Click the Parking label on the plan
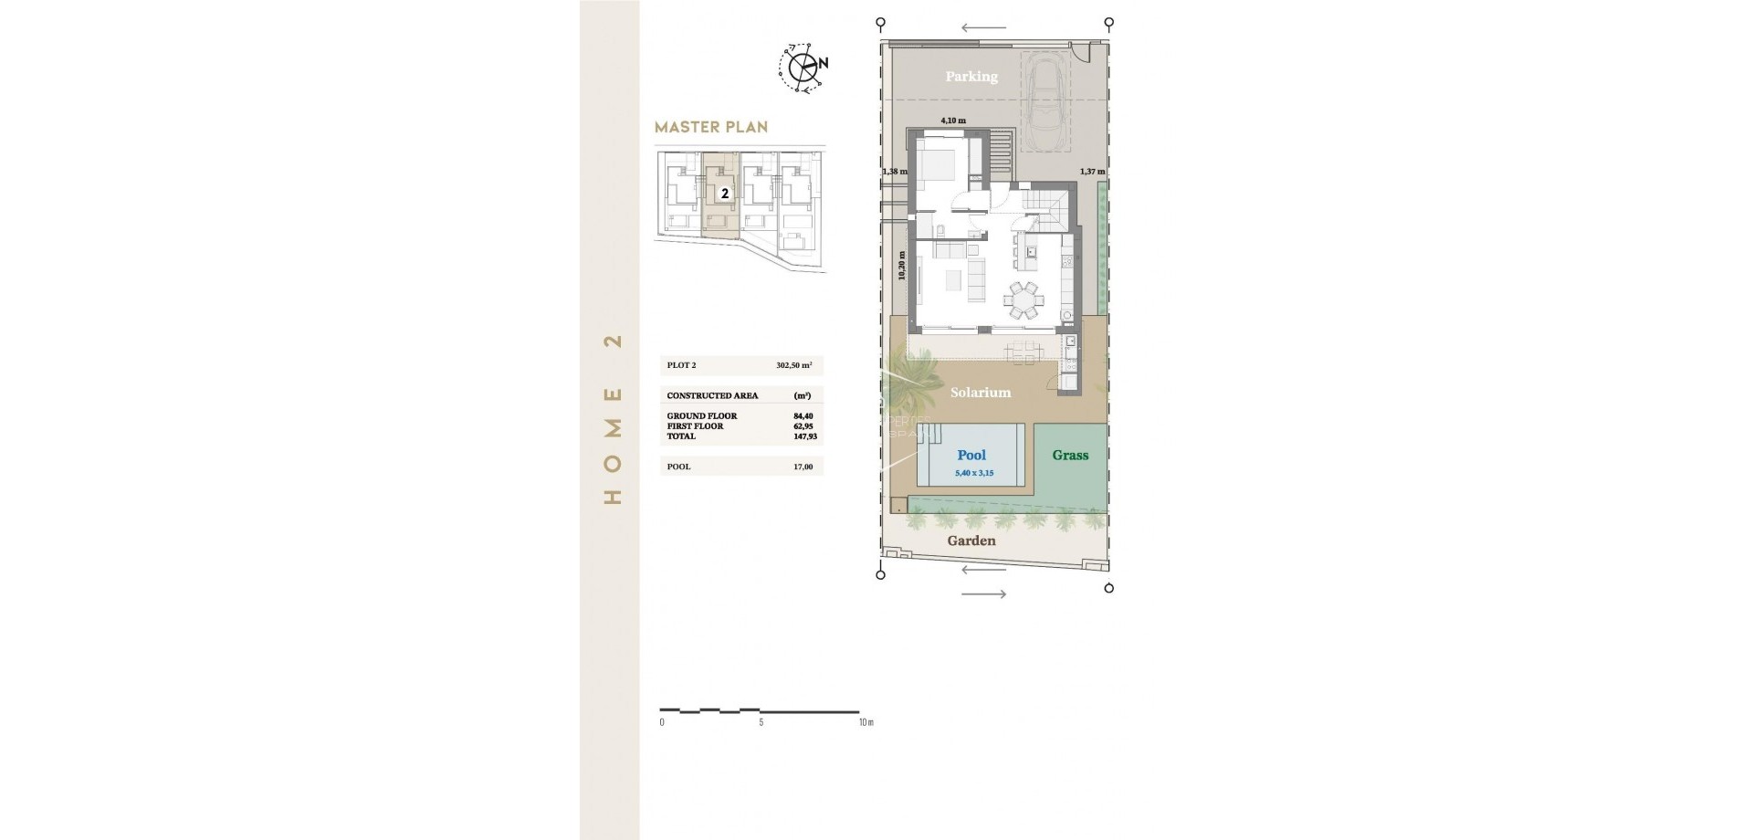point(971,77)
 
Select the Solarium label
point(981,393)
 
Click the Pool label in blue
point(971,455)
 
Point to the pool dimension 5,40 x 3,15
point(974,473)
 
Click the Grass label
point(1070,455)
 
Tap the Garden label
point(971,541)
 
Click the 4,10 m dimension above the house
point(953,121)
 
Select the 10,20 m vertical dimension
point(902,266)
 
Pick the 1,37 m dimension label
point(1092,172)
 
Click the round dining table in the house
point(1023,298)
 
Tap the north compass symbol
point(803,67)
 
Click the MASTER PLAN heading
point(711,128)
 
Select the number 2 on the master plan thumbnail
point(725,194)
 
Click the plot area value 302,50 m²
point(793,365)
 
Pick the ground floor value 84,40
point(803,416)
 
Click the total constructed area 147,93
point(803,436)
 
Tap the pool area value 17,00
point(803,467)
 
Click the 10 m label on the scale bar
point(866,722)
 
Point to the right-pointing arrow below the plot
point(984,594)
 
